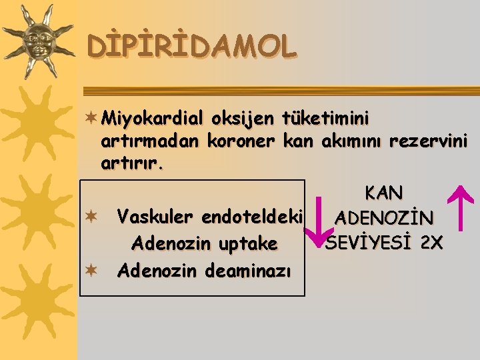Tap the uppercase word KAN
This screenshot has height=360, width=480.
click(384, 193)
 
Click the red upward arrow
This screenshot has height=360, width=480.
click(459, 213)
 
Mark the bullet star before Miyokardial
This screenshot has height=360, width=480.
click(91, 118)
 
